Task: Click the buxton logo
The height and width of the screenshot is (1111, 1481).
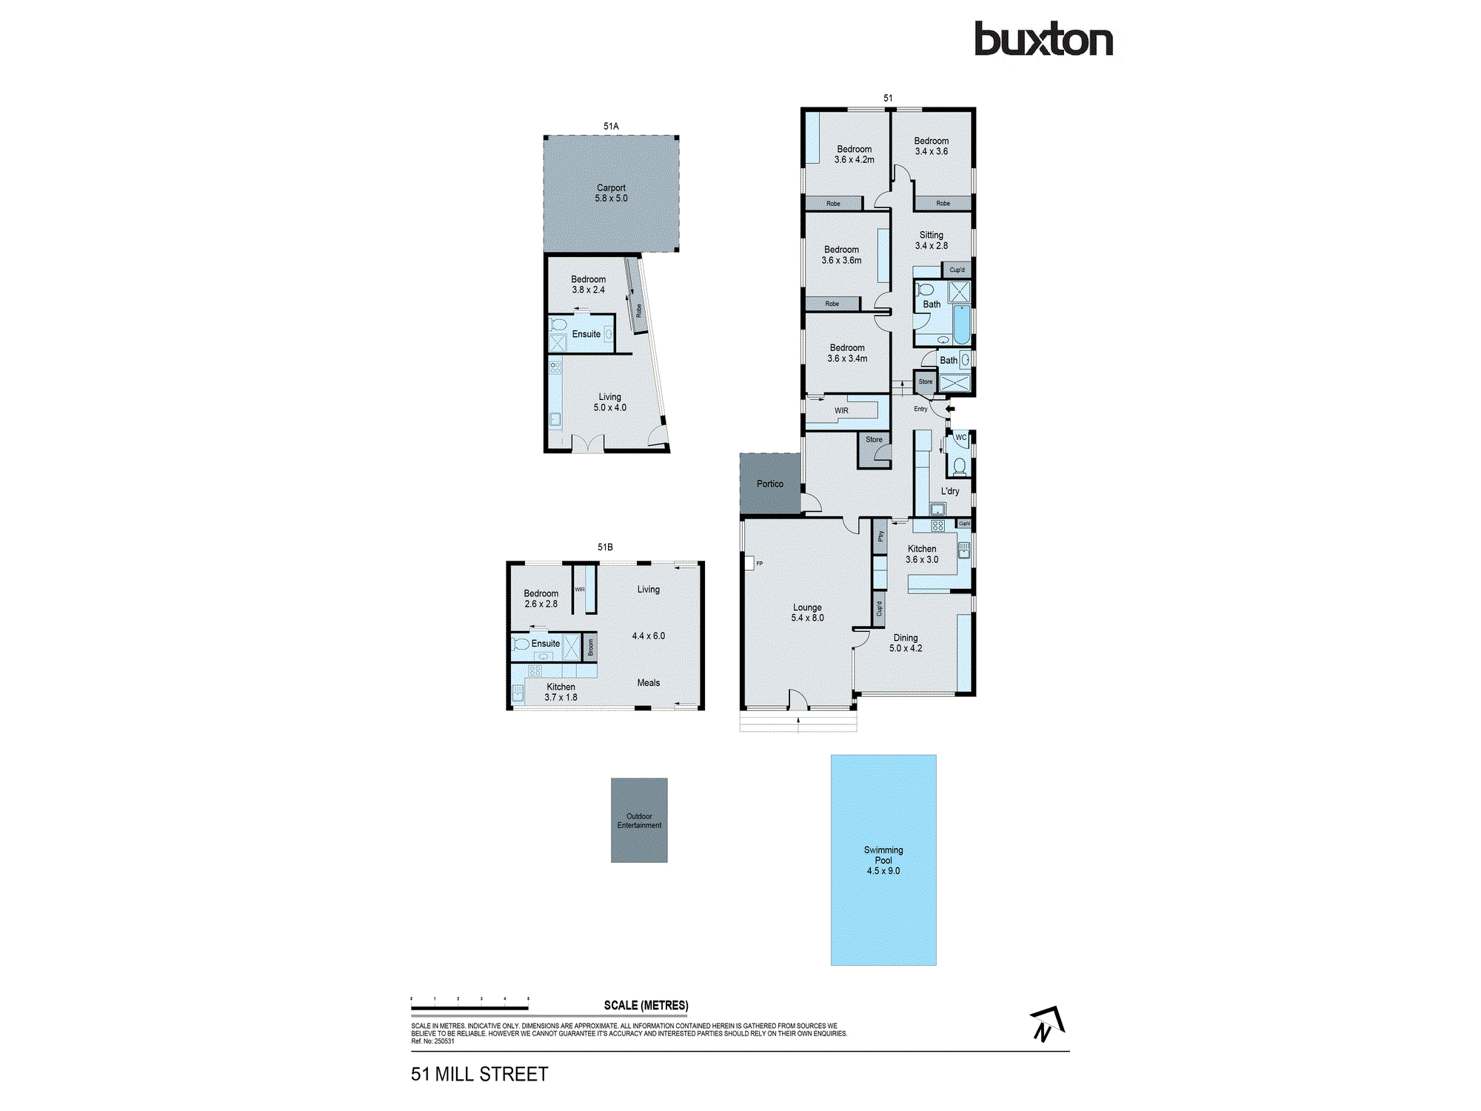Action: [1043, 40]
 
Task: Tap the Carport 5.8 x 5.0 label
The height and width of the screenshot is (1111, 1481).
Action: [611, 193]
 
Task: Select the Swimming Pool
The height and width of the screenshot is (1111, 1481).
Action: [883, 860]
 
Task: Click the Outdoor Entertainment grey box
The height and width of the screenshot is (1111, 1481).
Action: [639, 820]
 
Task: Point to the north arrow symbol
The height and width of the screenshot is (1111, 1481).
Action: [1046, 1024]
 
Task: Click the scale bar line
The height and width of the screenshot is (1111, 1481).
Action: [469, 1008]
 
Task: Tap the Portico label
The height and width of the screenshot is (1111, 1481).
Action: [770, 484]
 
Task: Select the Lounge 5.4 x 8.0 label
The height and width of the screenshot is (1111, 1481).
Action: [807, 613]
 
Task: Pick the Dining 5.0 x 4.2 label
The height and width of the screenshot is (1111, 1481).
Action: [906, 643]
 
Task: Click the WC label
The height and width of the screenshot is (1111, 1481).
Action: [960, 437]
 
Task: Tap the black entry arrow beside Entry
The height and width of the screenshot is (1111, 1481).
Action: [950, 408]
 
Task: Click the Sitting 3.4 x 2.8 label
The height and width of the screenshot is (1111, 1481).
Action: [932, 240]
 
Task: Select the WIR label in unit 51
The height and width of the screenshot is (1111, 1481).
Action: [842, 410]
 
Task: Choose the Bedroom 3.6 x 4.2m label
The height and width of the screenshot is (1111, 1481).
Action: [855, 154]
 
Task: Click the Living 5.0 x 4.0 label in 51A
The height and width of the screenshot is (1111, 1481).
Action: [610, 402]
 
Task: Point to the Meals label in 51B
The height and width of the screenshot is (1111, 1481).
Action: [649, 683]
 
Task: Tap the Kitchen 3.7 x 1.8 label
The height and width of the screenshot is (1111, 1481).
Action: [561, 692]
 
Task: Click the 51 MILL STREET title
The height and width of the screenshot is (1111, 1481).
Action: [480, 1074]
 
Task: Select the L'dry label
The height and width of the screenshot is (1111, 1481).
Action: [950, 491]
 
